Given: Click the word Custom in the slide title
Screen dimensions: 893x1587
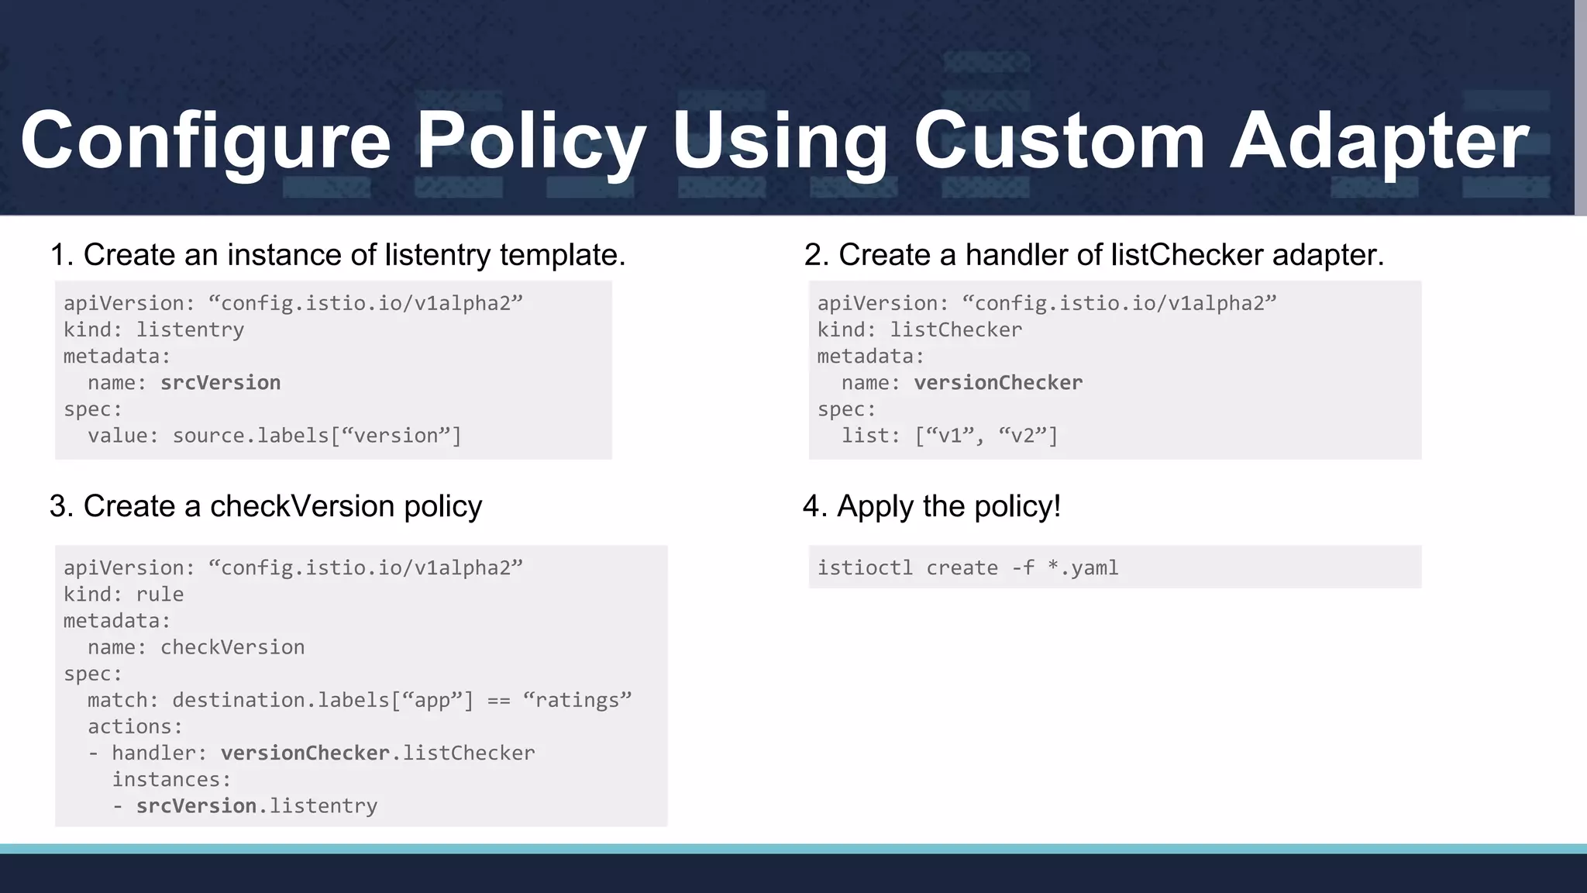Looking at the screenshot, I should [1059, 141].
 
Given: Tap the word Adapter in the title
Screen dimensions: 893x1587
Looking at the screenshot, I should [1379, 141].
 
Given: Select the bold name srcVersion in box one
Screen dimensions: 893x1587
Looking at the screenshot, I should [220, 383].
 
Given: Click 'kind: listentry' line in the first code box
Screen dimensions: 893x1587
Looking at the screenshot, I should [153, 330].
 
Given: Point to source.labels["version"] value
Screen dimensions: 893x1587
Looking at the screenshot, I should [316, 436].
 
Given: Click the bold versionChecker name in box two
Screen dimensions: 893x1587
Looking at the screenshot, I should [998, 383].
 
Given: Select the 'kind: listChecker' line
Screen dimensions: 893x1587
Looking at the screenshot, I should [920, 330].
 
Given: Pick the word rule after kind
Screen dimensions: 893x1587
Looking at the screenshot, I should [160, 595].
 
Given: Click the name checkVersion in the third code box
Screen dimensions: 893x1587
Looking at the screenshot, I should [232, 647].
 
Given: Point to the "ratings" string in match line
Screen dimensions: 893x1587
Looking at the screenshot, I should [577, 700].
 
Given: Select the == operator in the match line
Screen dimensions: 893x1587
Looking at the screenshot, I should [498, 701].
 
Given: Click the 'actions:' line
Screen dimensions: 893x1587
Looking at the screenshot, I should [135, 727].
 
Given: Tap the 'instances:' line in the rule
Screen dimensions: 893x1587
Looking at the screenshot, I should [171, 780].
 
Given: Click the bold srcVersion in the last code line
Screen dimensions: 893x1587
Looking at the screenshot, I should [196, 806].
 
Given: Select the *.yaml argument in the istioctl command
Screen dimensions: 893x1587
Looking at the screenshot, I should [1083, 568].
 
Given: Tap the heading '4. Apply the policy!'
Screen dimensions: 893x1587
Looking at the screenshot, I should [931, 506].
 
